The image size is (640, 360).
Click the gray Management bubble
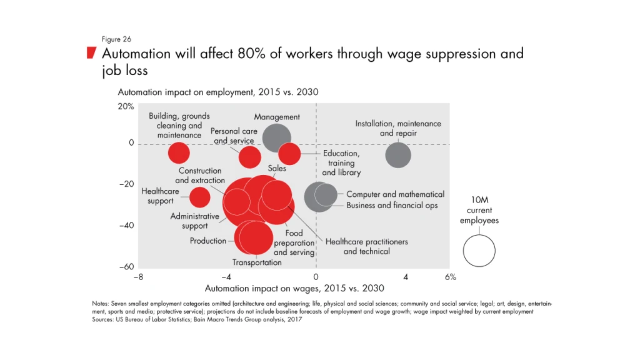click(276, 138)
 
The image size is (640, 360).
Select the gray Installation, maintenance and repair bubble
click(398, 155)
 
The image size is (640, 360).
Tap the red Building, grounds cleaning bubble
click(179, 152)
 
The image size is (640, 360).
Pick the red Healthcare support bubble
click(200, 197)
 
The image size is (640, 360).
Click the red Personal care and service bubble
click(250, 156)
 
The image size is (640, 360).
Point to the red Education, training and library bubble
click(289, 153)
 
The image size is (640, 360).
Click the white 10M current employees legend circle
click(479, 251)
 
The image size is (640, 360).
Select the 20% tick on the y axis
click(126, 107)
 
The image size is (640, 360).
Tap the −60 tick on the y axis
click(126, 267)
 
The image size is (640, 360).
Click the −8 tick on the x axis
click(138, 277)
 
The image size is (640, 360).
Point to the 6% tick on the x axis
click(451, 277)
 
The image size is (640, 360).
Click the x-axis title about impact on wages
click(294, 289)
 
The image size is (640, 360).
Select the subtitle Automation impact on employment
click(218, 92)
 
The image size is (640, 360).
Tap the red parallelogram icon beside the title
click(91, 52)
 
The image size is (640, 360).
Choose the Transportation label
click(257, 262)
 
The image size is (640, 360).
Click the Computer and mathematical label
click(395, 194)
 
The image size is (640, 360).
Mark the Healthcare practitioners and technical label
click(366, 246)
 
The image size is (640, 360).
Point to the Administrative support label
click(195, 221)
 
